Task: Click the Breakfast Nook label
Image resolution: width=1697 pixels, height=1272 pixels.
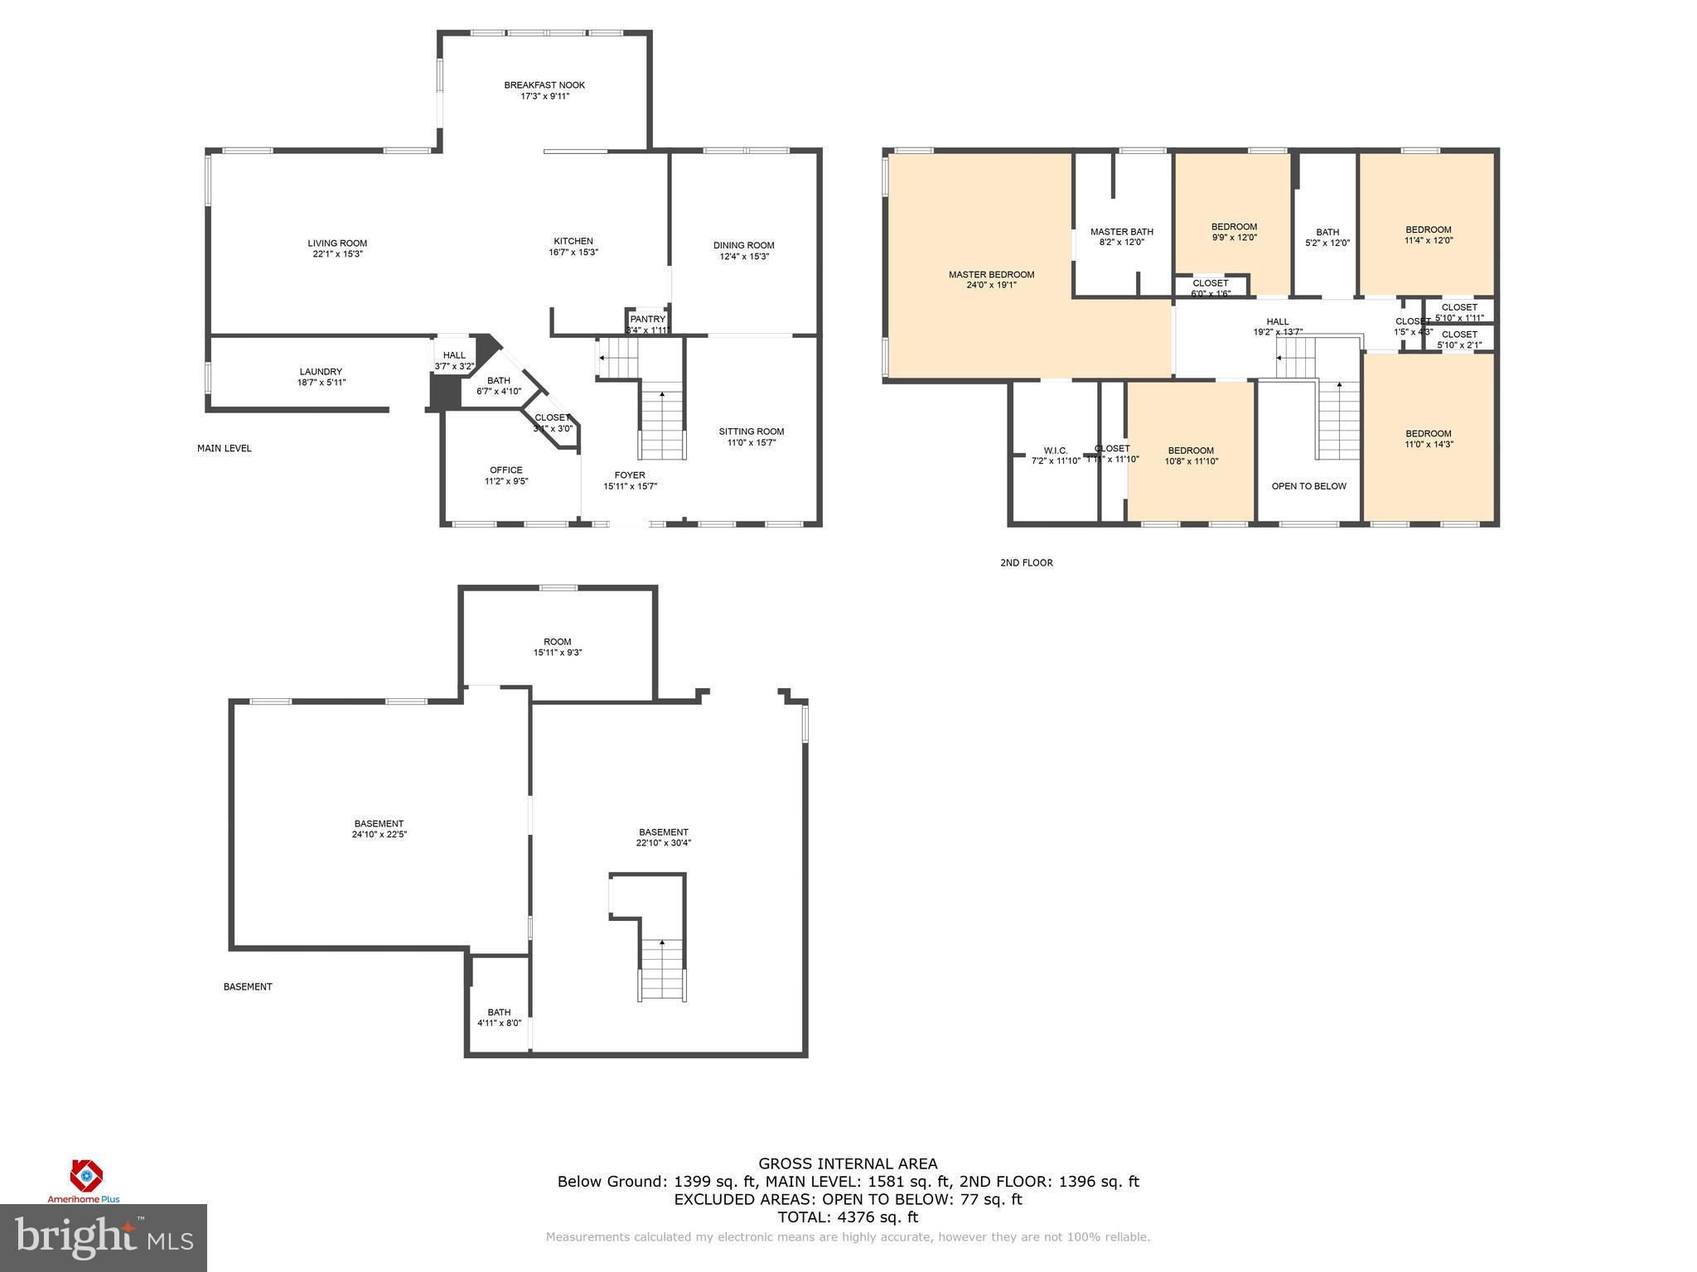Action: [x=544, y=85]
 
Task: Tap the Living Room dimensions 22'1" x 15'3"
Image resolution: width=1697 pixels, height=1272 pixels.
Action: [x=337, y=254]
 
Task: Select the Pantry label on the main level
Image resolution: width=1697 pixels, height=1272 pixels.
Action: [x=647, y=320]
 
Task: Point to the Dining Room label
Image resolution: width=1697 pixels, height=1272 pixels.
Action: [x=743, y=245]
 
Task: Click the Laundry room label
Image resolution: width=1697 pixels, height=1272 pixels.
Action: [x=321, y=372]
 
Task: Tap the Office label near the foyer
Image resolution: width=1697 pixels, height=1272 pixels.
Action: [x=505, y=470]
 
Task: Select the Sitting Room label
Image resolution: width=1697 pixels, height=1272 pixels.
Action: [x=751, y=431]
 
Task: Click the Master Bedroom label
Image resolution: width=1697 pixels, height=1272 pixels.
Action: [x=991, y=275]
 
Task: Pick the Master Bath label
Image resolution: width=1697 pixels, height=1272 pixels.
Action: [x=1121, y=232]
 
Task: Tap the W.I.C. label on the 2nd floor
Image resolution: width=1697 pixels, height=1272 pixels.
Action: [x=1055, y=451]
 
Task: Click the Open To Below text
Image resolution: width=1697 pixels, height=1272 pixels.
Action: [x=1308, y=486]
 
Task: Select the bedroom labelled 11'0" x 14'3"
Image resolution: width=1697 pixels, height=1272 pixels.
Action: [x=1429, y=439]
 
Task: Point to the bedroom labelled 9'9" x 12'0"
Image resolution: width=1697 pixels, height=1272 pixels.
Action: [x=1234, y=232]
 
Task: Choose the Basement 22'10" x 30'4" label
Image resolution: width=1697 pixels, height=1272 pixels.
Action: [x=663, y=837]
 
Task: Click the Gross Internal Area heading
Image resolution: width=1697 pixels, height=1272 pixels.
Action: [x=848, y=1164]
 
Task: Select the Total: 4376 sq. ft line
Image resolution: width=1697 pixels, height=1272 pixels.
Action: [x=848, y=1217]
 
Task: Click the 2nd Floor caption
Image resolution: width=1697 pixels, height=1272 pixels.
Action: [x=1026, y=563]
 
